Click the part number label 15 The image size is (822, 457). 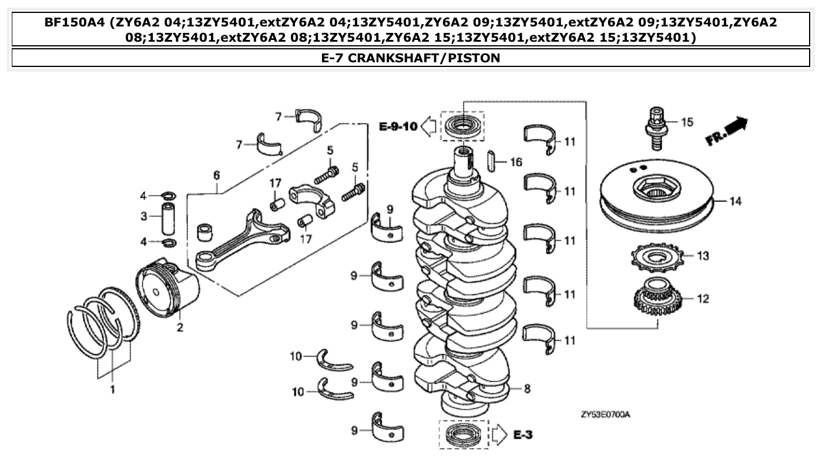[x=687, y=122]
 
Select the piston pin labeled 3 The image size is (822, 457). [x=168, y=217]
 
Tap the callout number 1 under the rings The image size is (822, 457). [x=113, y=389]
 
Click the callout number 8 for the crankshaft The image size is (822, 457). [x=527, y=388]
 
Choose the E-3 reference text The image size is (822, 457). [x=523, y=435]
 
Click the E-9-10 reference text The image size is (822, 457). [x=398, y=126]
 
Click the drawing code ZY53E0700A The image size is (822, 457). [x=605, y=415]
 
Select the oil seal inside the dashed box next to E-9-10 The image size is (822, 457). [x=462, y=126]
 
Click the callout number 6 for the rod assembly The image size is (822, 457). [x=216, y=174]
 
